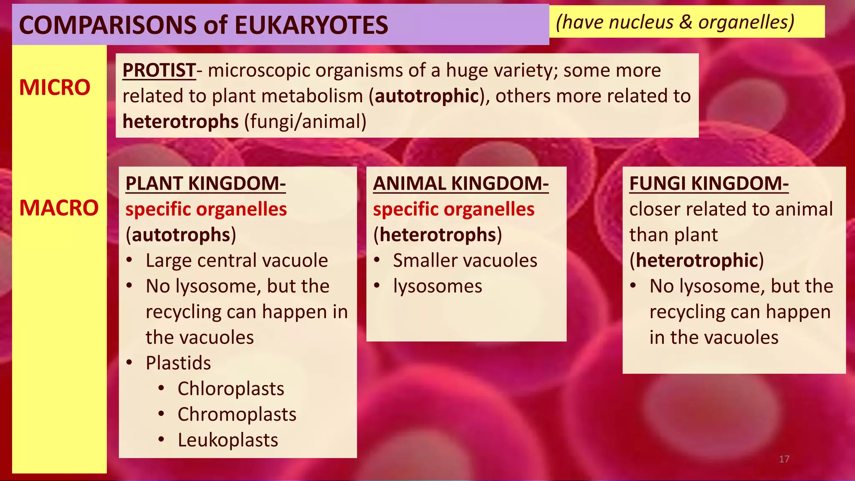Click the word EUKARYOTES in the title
311,25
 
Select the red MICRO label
55,88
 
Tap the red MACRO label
59,208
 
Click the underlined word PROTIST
159,70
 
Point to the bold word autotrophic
426,96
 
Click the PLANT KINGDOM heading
205,183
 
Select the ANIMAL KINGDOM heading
460,183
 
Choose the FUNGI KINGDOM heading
709,183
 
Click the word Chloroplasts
231,389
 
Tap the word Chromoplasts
237,415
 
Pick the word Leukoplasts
228,440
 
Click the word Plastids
178,363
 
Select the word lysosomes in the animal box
438,286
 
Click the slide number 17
784,459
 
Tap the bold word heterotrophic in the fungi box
696,261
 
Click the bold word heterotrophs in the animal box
438,235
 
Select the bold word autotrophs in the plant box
181,235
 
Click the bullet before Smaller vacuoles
377,260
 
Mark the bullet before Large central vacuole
129,260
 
